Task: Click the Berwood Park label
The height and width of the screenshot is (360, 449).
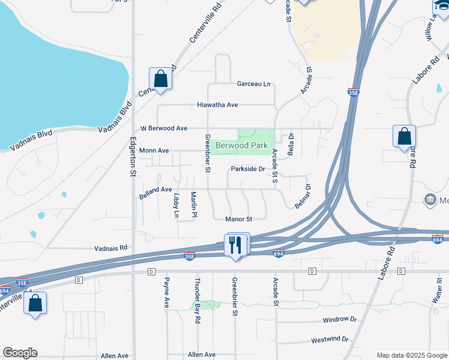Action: pyautogui.click(x=241, y=146)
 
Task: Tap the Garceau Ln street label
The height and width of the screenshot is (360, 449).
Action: pyautogui.click(x=253, y=84)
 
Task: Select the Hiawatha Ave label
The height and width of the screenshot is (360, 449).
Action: pyautogui.click(x=217, y=105)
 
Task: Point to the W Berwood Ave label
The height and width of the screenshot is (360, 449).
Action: pyautogui.click(x=164, y=128)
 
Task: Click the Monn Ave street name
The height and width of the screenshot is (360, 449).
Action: pyautogui.click(x=154, y=151)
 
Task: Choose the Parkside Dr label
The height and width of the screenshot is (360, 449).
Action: pyautogui.click(x=248, y=169)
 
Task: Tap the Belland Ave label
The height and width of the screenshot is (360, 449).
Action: pyautogui.click(x=155, y=190)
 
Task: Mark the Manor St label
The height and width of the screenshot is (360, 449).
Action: pyautogui.click(x=238, y=220)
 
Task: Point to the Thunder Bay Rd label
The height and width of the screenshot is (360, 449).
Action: pyautogui.click(x=197, y=301)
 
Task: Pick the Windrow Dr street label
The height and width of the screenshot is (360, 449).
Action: pyautogui.click(x=339, y=320)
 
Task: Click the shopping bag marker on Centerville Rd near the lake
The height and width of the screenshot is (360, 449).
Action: pyautogui.click(x=160, y=79)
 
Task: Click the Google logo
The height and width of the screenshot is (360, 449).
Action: pyautogui.click(x=20, y=353)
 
